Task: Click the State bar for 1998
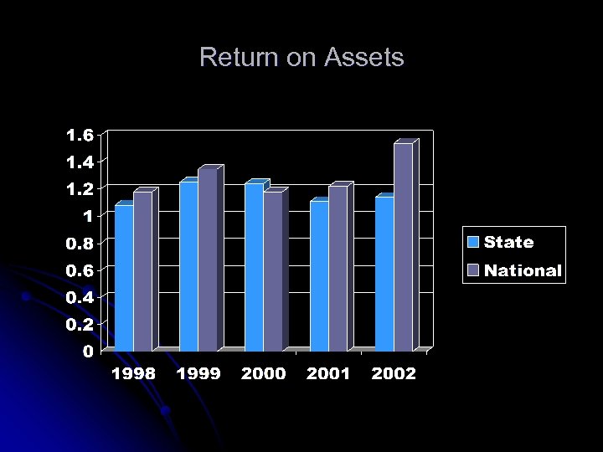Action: click(x=124, y=278)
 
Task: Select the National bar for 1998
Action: click(x=142, y=272)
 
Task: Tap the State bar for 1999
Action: click(x=188, y=266)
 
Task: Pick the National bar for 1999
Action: click(x=208, y=259)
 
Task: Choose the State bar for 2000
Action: click(x=254, y=267)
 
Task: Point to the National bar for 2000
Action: click(x=273, y=272)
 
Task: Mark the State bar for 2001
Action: click(x=319, y=276)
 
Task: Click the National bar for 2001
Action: click(x=338, y=269)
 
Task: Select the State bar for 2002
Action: click(x=384, y=274)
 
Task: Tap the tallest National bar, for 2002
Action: click(x=403, y=248)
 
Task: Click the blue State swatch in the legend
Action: click(x=474, y=243)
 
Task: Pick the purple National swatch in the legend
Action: click(x=474, y=270)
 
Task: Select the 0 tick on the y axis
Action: click(x=88, y=352)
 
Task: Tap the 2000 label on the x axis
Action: click(x=263, y=374)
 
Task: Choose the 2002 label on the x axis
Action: click(x=394, y=374)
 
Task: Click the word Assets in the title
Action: click(x=364, y=58)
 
